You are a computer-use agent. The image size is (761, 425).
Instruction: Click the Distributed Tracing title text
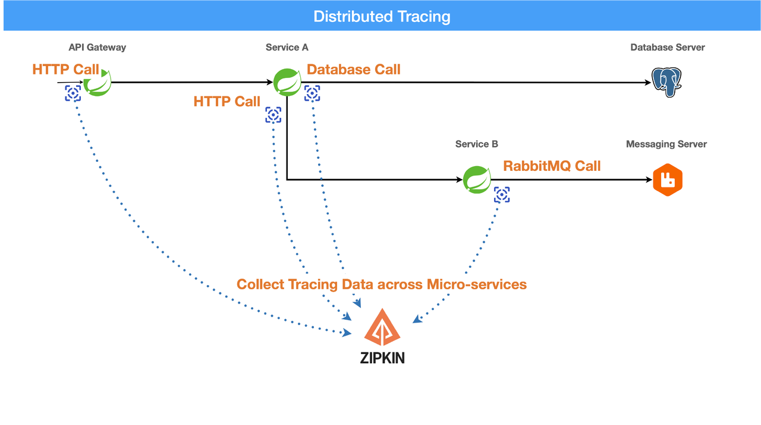[x=382, y=16]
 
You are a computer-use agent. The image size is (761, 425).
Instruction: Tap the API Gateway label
[x=98, y=48]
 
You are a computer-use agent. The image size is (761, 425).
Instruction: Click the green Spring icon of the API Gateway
[x=98, y=82]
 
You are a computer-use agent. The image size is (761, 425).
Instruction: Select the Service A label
[x=287, y=48]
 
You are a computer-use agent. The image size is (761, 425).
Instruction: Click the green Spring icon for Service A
[x=288, y=82]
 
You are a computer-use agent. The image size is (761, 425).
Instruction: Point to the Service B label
[x=477, y=144]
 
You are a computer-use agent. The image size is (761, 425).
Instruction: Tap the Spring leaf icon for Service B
[x=477, y=179]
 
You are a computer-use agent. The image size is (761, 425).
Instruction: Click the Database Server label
[x=668, y=48]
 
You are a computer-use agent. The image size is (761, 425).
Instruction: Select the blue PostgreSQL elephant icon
[x=666, y=82]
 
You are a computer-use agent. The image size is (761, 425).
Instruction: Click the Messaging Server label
[x=666, y=144]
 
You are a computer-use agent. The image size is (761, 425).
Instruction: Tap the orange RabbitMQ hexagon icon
[x=667, y=180]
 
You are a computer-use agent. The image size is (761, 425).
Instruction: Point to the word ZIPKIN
[x=382, y=358]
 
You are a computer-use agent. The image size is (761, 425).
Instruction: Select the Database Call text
[x=354, y=70]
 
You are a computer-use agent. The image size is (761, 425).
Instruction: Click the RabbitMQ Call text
[x=552, y=166]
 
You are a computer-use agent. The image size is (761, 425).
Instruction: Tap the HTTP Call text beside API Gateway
[x=65, y=70]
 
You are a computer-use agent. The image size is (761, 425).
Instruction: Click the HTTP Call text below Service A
[x=227, y=102]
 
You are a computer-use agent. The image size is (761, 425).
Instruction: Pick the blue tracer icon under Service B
[x=502, y=195]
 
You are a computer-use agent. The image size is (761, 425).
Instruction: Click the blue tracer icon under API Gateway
[x=73, y=93]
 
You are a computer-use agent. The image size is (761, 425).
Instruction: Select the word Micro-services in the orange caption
[x=477, y=285]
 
